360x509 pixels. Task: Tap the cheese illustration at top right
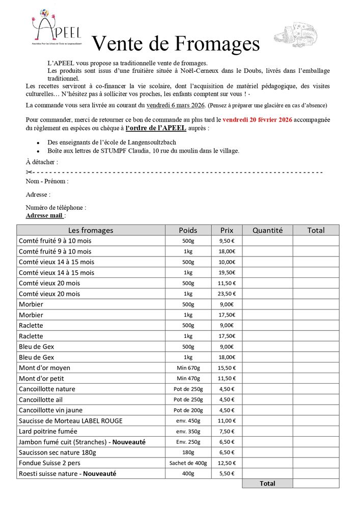(x=296, y=35)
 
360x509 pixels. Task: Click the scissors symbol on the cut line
(x=29, y=173)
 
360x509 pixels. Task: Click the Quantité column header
(x=267, y=230)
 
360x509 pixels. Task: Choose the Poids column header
(x=188, y=230)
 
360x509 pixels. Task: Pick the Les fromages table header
(x=91, y=230)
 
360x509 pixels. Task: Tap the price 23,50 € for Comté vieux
(x=227, y=294)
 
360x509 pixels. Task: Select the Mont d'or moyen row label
(x=44, y=367)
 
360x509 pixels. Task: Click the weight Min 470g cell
(x=188, y=378)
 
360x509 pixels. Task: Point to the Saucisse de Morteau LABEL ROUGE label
(x=70, y=420)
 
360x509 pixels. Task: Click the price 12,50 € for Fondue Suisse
(x=227, y=463)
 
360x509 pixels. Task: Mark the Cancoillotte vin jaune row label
(x=50, y=410)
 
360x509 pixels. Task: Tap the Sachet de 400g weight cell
(x=188, y=463)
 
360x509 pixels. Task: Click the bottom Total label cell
(x=267, y=484)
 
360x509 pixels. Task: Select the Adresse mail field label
(x=44, y=215)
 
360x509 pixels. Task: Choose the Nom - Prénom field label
(x=47, y=181)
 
